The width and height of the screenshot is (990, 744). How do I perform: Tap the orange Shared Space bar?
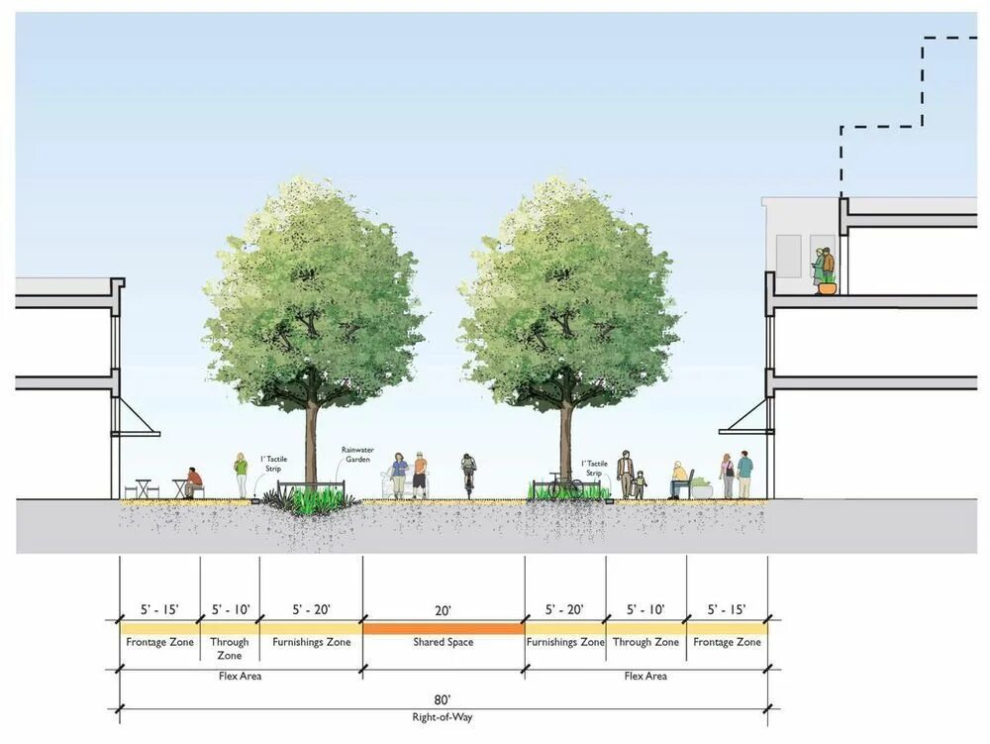pyautogui.click(x=443, y=628)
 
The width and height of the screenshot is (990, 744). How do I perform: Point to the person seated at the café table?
pyautogui.click(x=193, y=481)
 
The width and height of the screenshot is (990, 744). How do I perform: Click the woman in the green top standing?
pyautogui.click(x=241, y=475)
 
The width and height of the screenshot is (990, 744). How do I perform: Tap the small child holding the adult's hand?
pyautogui.click(x=640, y=484)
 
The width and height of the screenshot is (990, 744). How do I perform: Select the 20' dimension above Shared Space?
pyautogui.click(x=443, y=609)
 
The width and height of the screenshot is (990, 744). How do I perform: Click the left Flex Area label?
pyautogui.click(x=240, y=677)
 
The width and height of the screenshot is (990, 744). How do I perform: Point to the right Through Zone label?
pyautogui.click(x=645, y=642)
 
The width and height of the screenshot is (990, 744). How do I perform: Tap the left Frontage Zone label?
pyautogui.click(x=160, y=642)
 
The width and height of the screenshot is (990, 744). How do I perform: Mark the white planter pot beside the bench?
pyautogui.click(x=702, y=488)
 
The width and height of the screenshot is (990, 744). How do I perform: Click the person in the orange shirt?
pyautogui.click(x=420, y=475)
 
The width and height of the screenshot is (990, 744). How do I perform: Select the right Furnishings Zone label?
pyautogui.click(x=565, y=642)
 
